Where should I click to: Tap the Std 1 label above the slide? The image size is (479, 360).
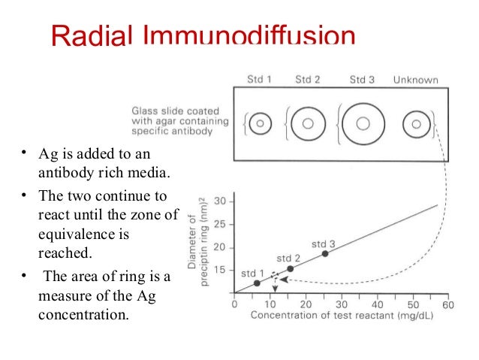[x=259, y=79]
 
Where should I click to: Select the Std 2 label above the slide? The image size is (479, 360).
[x=307, y=79]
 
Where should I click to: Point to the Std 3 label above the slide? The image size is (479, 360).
[x=363, y=79]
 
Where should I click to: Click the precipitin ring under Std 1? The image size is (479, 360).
[x=260, y=123]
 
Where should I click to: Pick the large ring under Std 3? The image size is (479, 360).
[x=363, y=123]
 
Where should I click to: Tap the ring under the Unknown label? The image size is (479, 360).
[x=414, y=123]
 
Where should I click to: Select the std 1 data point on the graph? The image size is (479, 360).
[x=257, y=283]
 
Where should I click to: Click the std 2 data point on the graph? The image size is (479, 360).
[x=291, y=268]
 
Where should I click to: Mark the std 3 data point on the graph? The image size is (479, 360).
[x=325, y=253]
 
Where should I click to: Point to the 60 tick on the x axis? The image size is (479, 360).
[x=449, y=304]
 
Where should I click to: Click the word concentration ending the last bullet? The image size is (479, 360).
[x=83, y=313]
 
